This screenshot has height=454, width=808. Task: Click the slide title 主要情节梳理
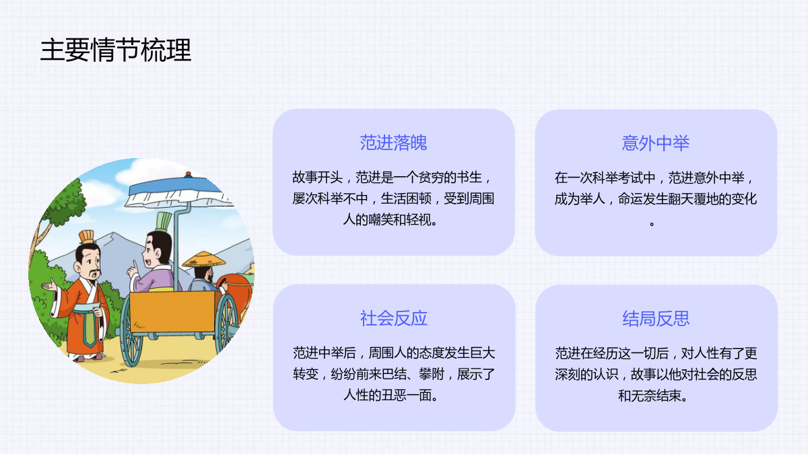[x=115, y=50]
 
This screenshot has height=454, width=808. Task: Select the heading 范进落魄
[x=393, y=143]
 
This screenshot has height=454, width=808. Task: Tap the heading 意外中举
[x=655, y=143]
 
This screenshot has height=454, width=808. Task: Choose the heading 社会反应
[x=393, y=319]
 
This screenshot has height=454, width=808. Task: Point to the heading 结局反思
[x=656, y=319]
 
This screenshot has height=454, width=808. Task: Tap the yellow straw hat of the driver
[x=204, y=260]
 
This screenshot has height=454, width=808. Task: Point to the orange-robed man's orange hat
[x=87, y=237]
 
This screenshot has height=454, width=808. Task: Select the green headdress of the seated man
[x=164, y=222]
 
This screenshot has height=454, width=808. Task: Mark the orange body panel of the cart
[x=172, y=311]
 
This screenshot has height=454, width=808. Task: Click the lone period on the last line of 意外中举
[x=652, y=224]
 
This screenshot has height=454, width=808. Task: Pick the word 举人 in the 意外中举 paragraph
[x=593, y=198]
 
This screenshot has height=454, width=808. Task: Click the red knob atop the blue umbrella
[x=188, y=174]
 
